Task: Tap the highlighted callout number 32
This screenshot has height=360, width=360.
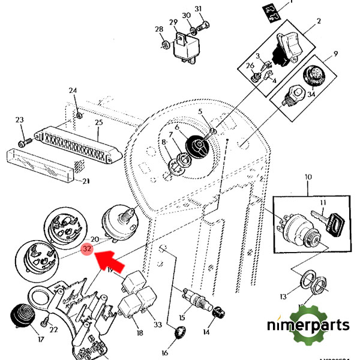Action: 88,248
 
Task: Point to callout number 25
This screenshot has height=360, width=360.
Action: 99,122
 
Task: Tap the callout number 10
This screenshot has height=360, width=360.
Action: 308,178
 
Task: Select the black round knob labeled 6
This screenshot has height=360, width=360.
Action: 196,146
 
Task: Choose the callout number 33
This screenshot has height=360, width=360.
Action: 158,325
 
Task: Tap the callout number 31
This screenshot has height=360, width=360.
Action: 199,8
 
